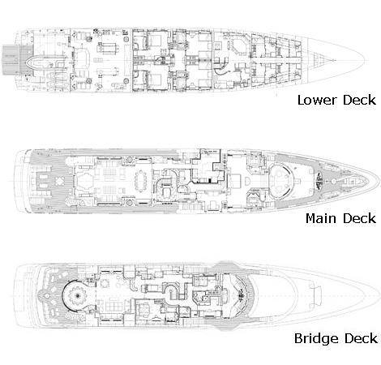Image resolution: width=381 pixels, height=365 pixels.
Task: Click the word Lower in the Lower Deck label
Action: tap(317, 100)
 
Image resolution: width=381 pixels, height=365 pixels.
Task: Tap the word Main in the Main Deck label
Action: tap(322, 218)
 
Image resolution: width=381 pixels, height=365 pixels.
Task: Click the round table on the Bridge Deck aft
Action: tap(78, 296)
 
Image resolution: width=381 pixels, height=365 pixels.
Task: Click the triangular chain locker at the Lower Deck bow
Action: tap(319, 60)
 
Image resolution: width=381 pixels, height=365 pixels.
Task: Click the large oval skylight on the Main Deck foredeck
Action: tap(281, 181)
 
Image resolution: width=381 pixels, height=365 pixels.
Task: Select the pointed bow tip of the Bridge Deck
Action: tap(379, 295)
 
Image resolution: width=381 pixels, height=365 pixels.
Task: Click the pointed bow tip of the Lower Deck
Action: tap(365, 60)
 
